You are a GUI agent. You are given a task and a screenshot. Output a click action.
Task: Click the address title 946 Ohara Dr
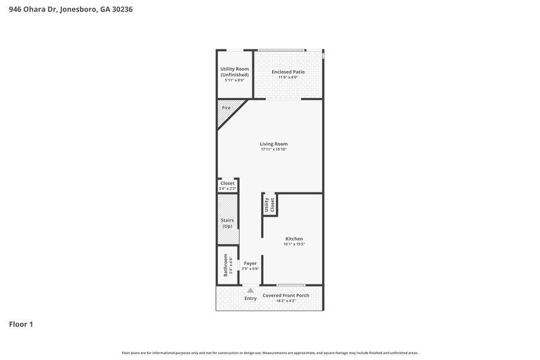point(66,9)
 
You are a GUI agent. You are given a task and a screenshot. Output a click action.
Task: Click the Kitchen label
point(294,238)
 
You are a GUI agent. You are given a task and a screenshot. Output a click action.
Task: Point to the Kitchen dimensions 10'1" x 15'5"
point(294,244)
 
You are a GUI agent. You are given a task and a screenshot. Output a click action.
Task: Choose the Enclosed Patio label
point(288,72)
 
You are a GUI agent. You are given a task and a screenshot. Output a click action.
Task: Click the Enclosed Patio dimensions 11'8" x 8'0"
point(288,77)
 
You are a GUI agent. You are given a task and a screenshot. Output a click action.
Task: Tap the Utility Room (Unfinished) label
point(234,72)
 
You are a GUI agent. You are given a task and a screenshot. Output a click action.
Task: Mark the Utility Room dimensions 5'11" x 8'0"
point(234,80)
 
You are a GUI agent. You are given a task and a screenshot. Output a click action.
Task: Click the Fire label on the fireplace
point(226,108)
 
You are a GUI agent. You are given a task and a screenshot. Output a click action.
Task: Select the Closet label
point(227,183)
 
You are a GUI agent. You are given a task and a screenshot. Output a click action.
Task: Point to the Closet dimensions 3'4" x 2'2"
point(227,188)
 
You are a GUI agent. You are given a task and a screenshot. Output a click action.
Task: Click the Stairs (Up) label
point(227,223)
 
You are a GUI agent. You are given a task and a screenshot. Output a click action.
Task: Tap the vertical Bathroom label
point(226,265)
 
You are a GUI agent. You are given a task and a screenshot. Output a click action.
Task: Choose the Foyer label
point(250,263)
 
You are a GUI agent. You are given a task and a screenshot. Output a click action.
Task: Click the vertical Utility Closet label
point(270,206)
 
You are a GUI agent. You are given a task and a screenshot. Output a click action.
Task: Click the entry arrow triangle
point(250,290)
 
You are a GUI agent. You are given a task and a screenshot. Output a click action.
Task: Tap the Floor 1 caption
point(21,324)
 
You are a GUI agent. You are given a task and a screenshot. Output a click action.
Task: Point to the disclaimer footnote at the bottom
point(270,353)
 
